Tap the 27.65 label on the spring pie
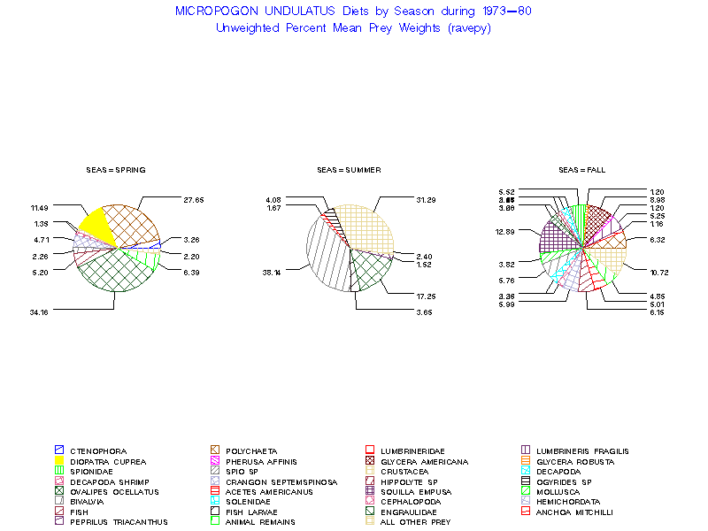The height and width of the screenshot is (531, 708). point(193,200)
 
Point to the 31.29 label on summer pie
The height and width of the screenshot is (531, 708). point(426,200)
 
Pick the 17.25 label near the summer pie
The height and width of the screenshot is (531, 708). point(426,294)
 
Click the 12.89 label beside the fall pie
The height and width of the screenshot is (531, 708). point(505,231)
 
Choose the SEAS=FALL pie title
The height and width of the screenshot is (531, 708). point(581,169)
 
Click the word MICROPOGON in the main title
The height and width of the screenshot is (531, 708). point(213,12)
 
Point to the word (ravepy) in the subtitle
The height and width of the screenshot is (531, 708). point(469,27)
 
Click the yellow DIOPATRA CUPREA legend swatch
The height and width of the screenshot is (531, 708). point(59,461)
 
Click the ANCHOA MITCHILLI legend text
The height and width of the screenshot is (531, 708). point(573,512)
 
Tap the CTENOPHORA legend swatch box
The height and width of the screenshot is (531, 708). point(59,451)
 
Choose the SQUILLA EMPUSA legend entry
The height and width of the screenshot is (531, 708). point(415,492)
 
